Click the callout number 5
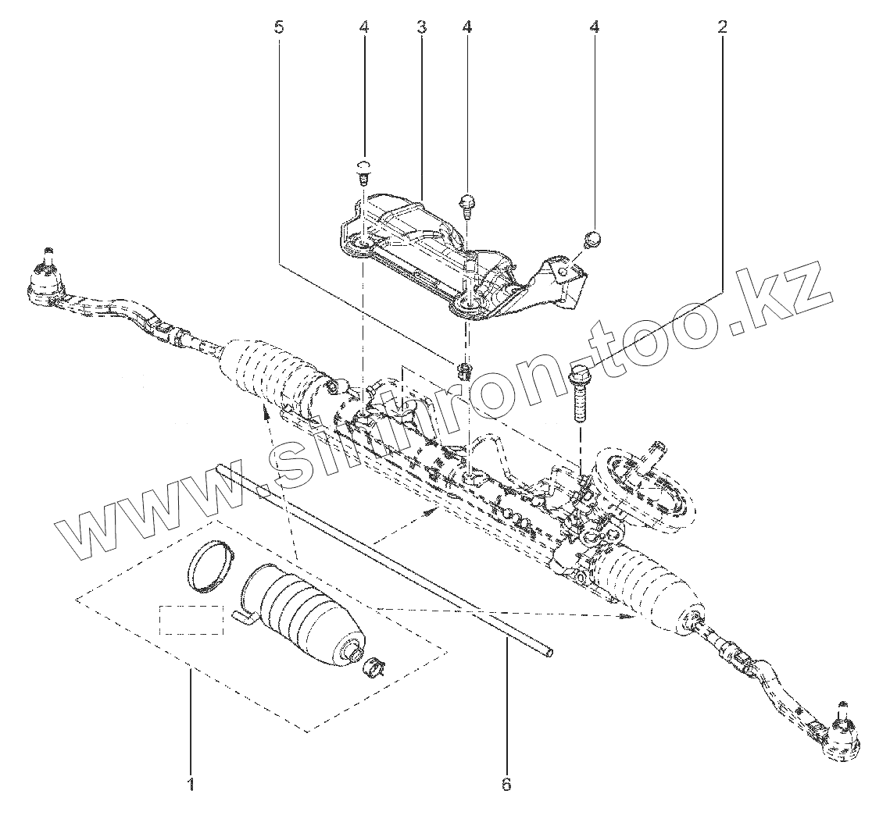(x=279, y=27)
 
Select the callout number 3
(x=421, y=27)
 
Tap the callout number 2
(x=723, y=27)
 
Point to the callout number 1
(x=191, y=782)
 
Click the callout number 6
(x=506, y=783)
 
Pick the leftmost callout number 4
(x=364, y=27)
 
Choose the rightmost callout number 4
(x=595, y=27)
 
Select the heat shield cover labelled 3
(x=422, y=250)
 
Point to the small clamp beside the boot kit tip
(x=376, y=666)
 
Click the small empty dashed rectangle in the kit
(x=191, y=620)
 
